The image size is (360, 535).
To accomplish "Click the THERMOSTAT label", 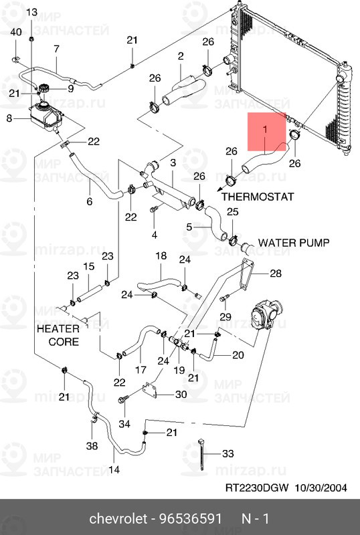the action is pyautogui.click(x=258, y=197).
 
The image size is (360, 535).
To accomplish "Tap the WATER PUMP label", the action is pyautogui.click(x=294, y=243).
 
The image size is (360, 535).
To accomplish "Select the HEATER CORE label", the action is pyautogui.click(x=58, y=335).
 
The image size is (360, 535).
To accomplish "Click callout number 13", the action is pyautogui.click(x=31, y=13).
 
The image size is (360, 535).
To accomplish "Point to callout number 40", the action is pyautogui.click(x=16, y=32).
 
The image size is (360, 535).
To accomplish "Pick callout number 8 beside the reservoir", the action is pyautogui.click(x=9, y=118).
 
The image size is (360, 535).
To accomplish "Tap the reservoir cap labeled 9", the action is pyautogui.click(x=43, y=89).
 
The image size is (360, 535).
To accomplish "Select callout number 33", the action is pyautogui.click(x=228, y=453).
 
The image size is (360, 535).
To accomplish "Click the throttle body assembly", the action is pyautogui.click(x=265, y=314).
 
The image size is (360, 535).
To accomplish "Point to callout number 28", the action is pyautogui.click(x=276, y=273).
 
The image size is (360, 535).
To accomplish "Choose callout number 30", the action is pyautogui.click(x=181, y=395).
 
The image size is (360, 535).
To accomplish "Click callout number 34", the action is pyautogui.click(x=124, y=424).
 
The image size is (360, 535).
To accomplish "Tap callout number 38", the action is pyautogui.click(x=92, y=445).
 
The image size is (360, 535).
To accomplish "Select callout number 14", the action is pyautogui.click(x=114, y=470).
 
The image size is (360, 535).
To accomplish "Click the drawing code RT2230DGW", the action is pyautogui.click(x=257, y=488).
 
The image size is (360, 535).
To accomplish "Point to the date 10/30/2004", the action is pyautogui.click(x=321, y=488).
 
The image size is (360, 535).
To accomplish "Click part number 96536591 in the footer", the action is pyautogui.click(x=191, y=519).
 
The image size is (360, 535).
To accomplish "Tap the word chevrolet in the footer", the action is pyautogui.click(x=118, y=519).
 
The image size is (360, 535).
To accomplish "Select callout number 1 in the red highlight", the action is pyautogui.click(x=265, y=130).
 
